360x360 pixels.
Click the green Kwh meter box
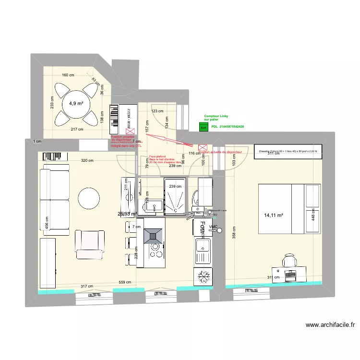pyautogui.click(x=204, y=127)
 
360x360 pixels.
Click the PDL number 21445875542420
pyautogui.click(x=228, y=127)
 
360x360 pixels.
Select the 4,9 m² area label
pyautogui.click(x=76, y=103)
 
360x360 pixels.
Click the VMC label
pyautogui.click(x=213, y=227)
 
